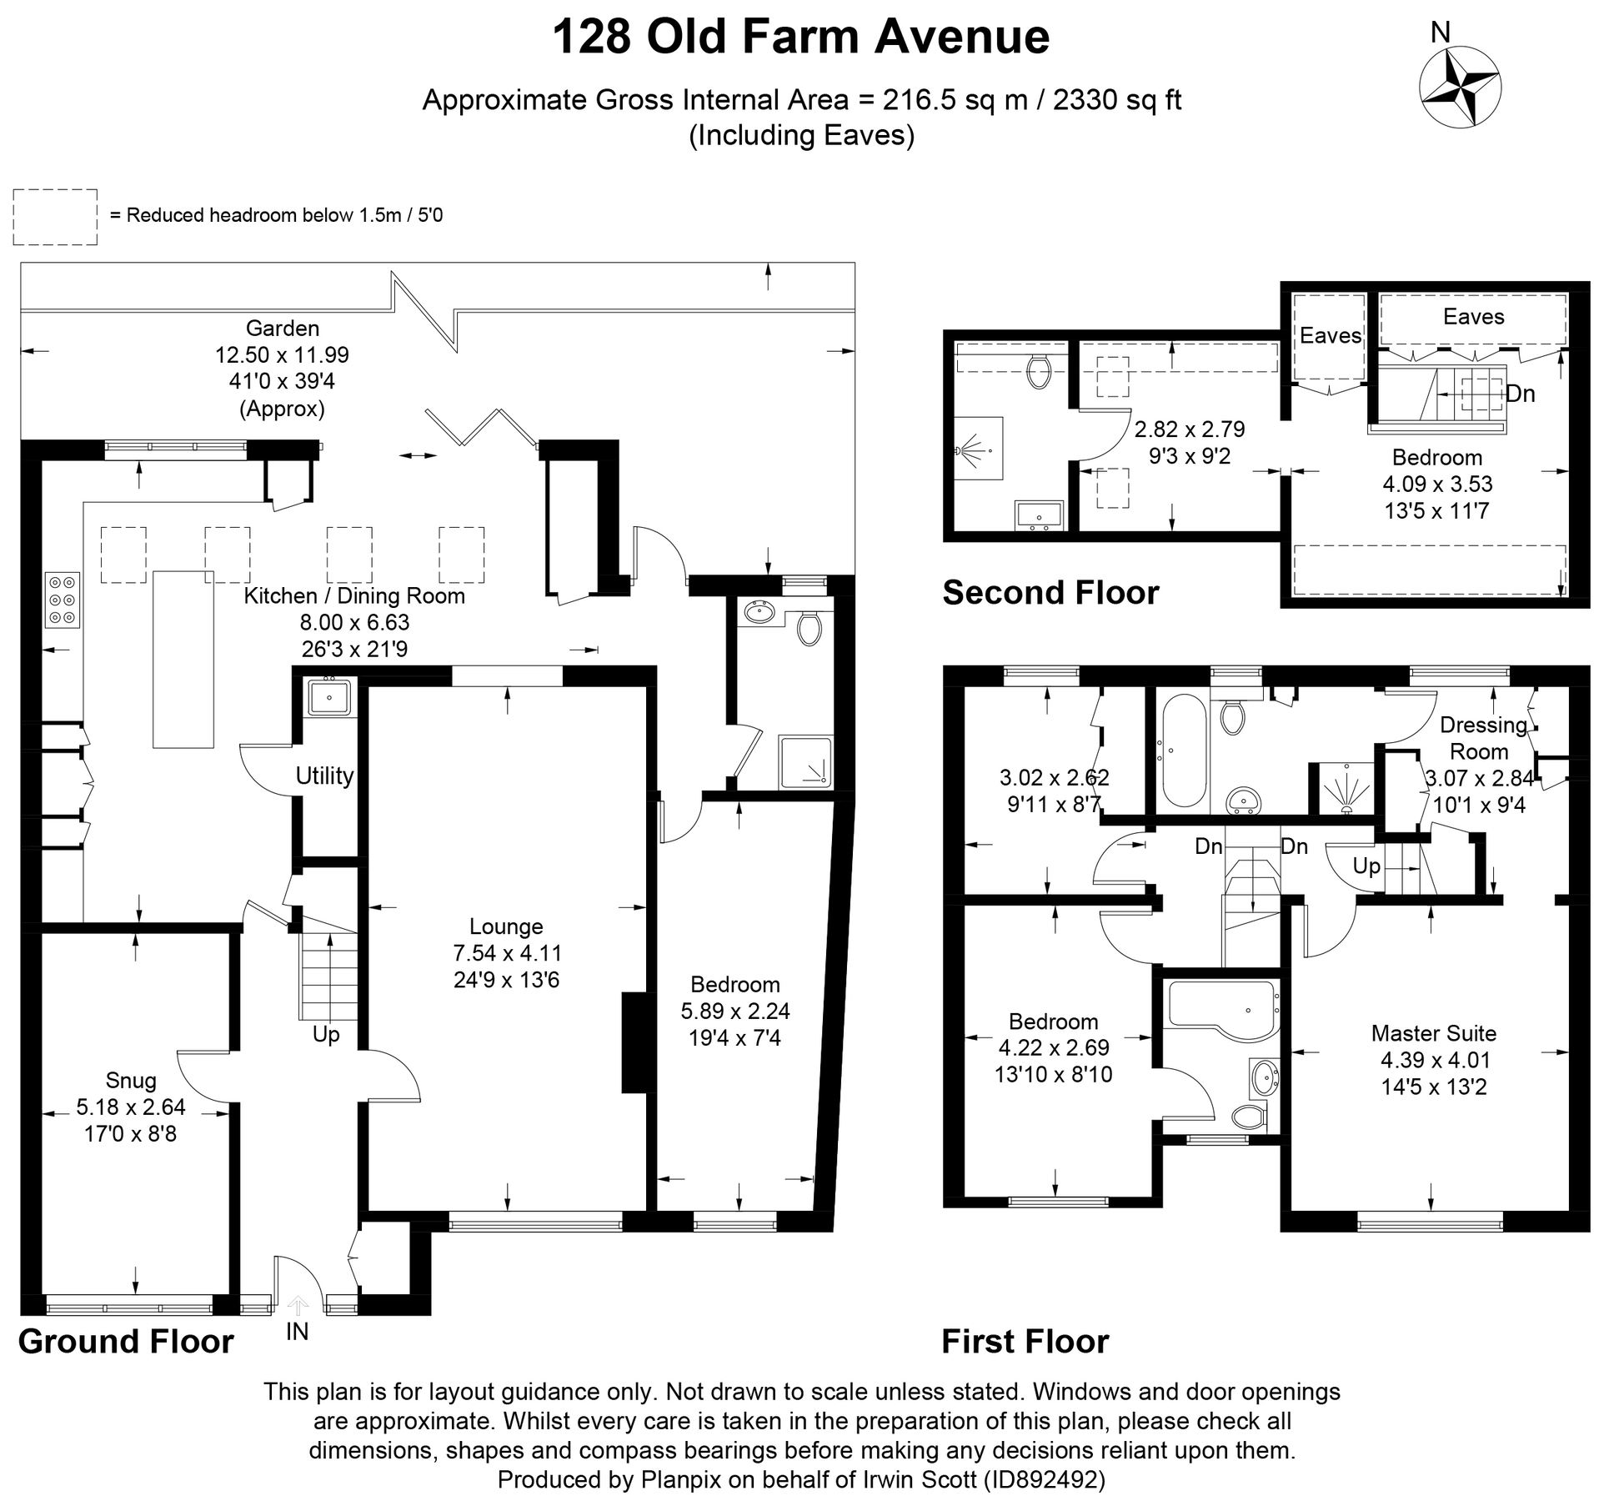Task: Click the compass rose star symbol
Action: (1460, 87)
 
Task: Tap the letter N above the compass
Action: (1441, 32)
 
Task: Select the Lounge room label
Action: (506, 926)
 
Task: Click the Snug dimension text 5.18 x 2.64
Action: (131, 1107)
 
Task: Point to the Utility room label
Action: (324, 776)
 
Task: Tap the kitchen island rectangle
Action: (183, 659)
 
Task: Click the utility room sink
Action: (329, 696)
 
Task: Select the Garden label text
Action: (282, 329)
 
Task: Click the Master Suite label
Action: (1433, 1034)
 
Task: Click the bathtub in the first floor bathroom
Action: (1182, 751)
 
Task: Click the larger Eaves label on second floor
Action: (1473, 317)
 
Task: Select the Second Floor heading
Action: (1050, 593)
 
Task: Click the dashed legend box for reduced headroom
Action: (55, 217)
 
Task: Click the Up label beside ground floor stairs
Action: (326, 1034)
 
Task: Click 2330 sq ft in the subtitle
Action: (1117, 100)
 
